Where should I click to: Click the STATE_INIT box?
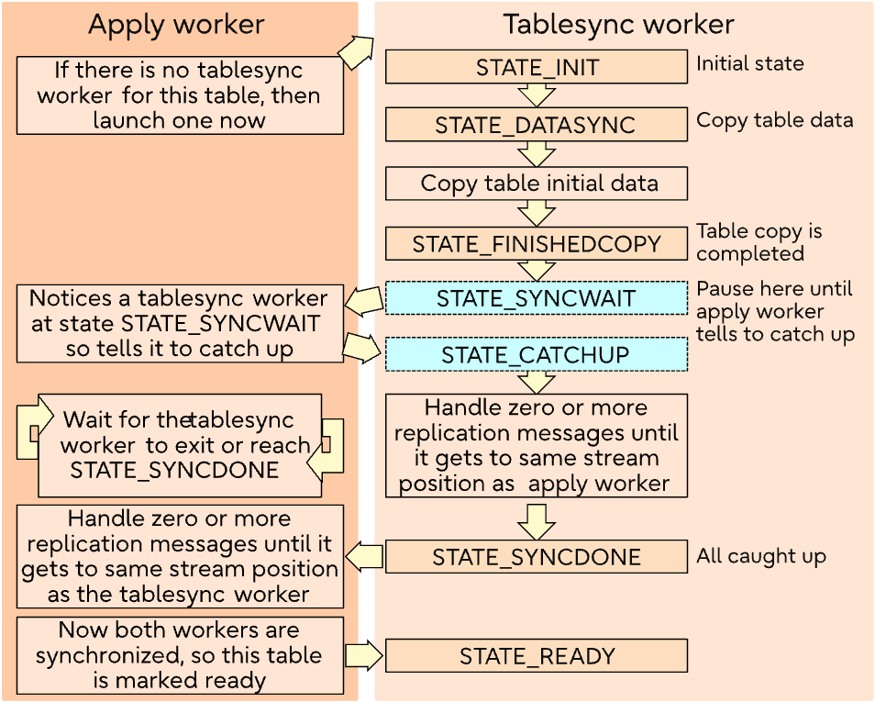click(536, 67)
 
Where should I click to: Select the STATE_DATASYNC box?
click(536, 125)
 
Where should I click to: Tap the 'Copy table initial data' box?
click(536, 183)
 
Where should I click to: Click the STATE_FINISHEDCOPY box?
click(536, 244)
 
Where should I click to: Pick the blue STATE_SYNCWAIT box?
click(536, 298)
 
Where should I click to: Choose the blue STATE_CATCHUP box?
click(536, 354)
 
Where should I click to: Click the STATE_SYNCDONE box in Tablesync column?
click(536, 557)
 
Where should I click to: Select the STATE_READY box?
click(536, 656)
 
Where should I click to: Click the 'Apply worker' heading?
click(176, 25)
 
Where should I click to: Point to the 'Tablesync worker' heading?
click(619, 25)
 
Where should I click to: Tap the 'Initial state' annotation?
click(749, 64)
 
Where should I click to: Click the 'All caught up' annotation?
click(760, 556)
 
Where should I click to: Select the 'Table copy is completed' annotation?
click(759, 242)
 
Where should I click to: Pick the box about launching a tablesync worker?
click(180, 95)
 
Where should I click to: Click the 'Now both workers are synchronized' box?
click(180, 655)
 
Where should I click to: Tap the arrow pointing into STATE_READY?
click(364, 655)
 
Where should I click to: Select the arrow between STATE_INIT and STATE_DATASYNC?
click(536, 95)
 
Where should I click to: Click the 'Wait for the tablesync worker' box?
click(180, 445)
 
